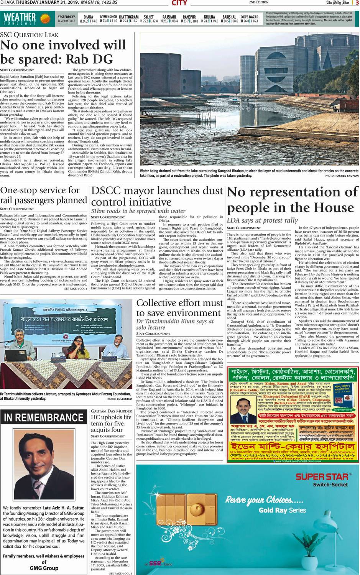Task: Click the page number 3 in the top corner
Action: pyautogui.click(x=357, y=3)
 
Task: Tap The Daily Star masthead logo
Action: pyautogui.click(x=338, y=3)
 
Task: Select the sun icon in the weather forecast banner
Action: pyautogui.click(x=45, y=18)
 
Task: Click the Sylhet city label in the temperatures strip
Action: pyautogui.click(x=148, y=17)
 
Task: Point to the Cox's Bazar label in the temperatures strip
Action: pyautogui.click(x=249, y=17)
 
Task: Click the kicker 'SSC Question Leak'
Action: pyautogui.click(x=30, y=35)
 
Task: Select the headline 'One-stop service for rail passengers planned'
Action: pyautogui.click(x=44, y=195)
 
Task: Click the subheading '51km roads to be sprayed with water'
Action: pyautogui.click(x=138, y=211)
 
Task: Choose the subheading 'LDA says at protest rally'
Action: pyautogui.click(x=262, y=220)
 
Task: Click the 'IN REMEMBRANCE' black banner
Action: pyautogui.click(x=44, y=417)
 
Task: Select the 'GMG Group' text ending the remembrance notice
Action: pyautogui.click(x=44, y=568)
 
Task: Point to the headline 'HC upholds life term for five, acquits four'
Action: pyautogui.click(x=111, y=423)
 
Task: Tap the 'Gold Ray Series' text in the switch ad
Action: pyautogui.click(x=282, y=510)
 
